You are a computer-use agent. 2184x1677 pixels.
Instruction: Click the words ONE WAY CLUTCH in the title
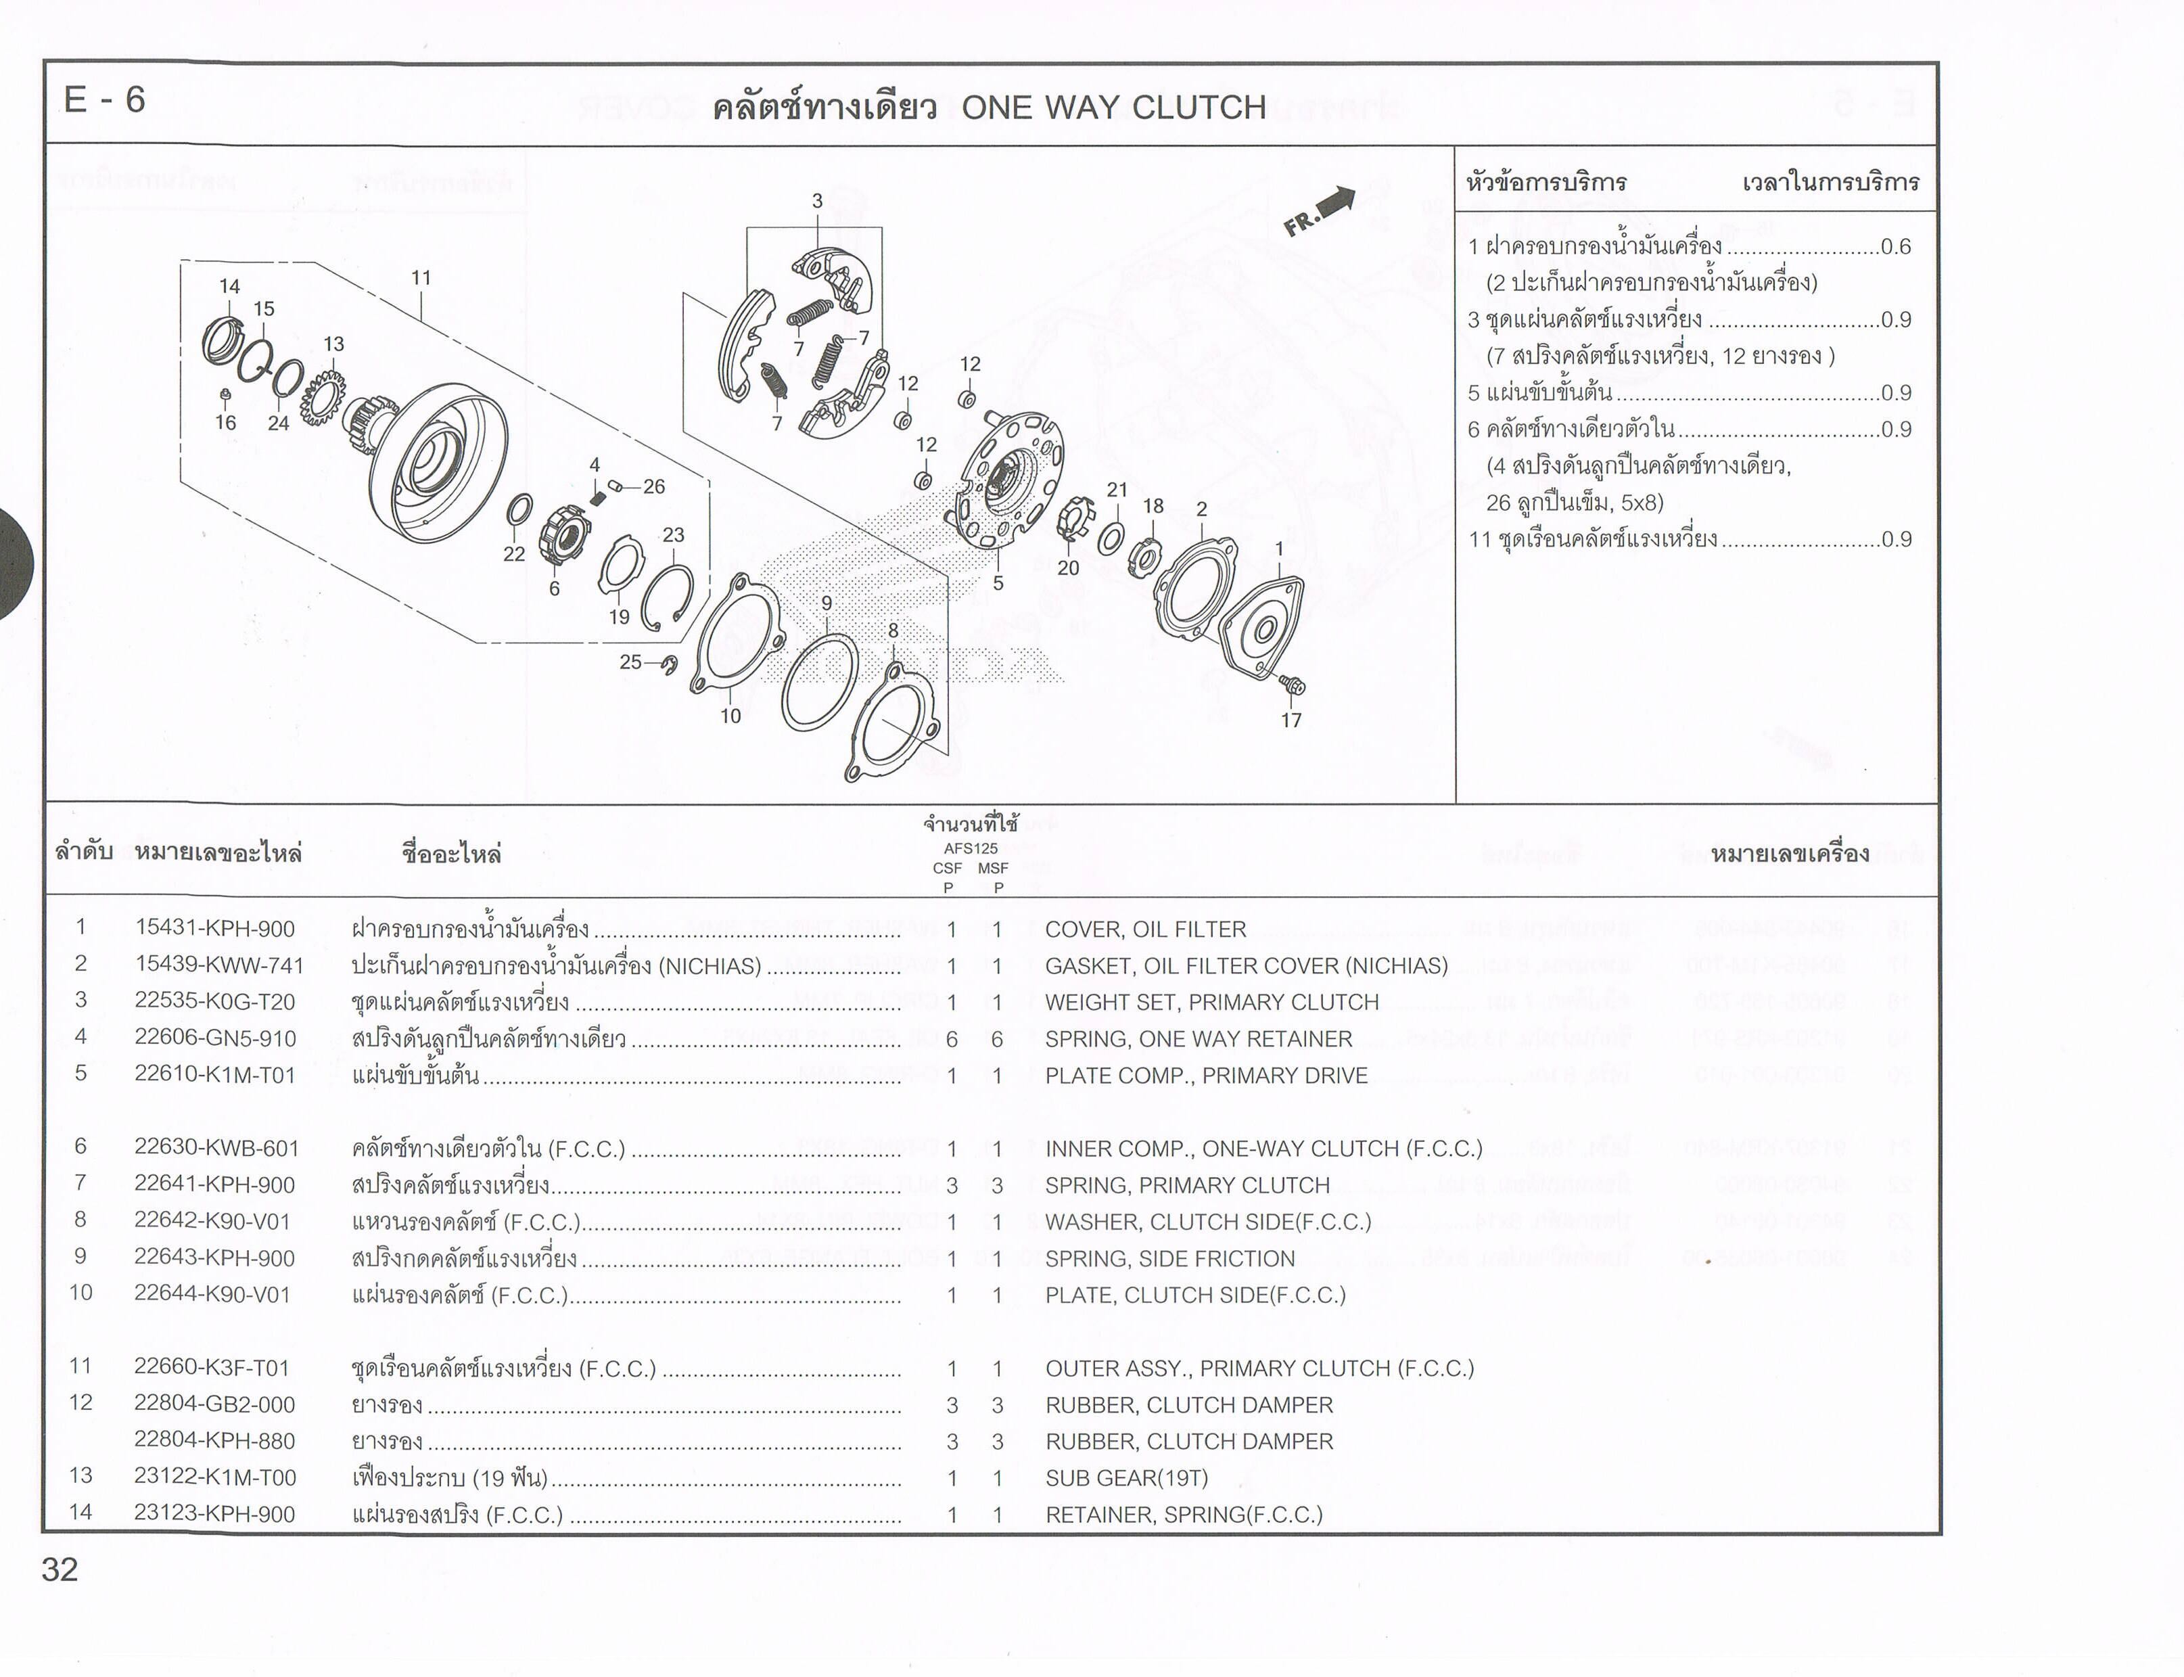coord(1114,107)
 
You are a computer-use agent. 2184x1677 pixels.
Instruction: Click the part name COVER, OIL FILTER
coord(1146,929)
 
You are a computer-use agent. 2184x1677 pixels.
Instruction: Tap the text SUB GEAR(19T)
coord(1127,1477)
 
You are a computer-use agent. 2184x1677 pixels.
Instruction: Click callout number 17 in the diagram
coord(1291,720)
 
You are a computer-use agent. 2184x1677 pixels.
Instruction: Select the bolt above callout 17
coord(1292,684)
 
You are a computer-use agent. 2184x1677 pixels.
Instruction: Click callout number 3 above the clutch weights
coord(816,201)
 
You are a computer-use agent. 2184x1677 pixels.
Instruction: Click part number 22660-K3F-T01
coord(212,1368)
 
